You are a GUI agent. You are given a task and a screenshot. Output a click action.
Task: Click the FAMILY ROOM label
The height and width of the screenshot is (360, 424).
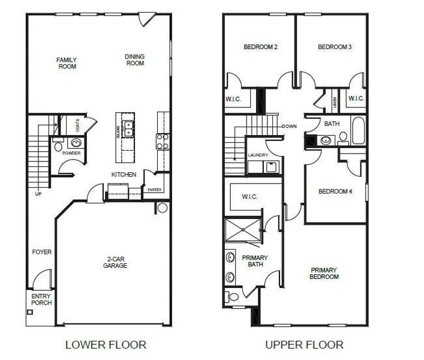[x=67, y=63]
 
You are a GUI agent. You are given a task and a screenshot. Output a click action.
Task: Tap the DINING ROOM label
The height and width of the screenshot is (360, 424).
[x=134, y=60]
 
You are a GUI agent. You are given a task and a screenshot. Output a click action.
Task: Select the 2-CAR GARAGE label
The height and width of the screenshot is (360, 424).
[x=115, y=262]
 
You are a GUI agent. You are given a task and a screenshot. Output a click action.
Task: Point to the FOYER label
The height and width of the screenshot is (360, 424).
[x=42, y=252]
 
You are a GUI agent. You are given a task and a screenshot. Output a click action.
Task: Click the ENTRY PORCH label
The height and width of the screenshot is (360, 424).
[x=41, y=299]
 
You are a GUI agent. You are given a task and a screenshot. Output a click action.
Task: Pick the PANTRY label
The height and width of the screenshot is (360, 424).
[x=154, y=190]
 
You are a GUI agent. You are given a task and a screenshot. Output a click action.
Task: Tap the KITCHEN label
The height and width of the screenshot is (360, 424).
[x=124, y=175]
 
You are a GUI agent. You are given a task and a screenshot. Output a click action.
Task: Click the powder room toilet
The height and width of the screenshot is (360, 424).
[x=58, y=146]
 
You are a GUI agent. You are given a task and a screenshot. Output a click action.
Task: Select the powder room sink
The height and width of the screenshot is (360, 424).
[x=76, y=143]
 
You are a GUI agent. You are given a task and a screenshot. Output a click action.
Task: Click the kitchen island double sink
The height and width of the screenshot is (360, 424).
[x=128, y=127]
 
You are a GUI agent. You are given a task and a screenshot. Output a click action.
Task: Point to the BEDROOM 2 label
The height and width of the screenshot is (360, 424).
[x=260, y=47]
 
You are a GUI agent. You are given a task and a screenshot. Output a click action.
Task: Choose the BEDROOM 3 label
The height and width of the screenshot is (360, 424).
[x=334, y=47]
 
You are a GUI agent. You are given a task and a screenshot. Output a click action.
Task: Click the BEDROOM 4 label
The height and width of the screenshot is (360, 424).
[x=335, y=191]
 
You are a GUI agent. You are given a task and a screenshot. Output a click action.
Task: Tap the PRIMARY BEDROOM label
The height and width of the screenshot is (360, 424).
[x=324, y=274]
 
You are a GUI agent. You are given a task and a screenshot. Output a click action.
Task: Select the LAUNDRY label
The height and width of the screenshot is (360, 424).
[x=258, y=155]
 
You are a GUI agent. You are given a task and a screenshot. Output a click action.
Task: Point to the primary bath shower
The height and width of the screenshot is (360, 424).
[x=242, y=229]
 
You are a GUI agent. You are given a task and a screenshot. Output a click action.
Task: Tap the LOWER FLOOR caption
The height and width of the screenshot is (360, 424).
[x=105, y=344]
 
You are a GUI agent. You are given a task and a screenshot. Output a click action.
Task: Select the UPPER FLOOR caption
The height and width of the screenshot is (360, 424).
[x=304, y=344]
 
